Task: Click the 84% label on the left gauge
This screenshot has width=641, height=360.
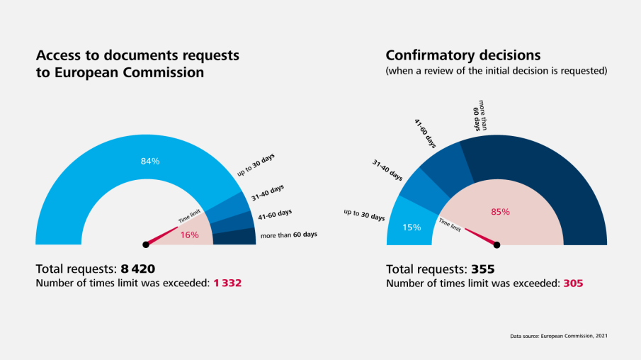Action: point(150,162)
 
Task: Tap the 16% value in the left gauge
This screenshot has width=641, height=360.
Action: point(189,235)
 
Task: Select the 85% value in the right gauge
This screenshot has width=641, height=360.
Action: point(500,211)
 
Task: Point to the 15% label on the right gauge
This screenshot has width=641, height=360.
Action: point(412,227)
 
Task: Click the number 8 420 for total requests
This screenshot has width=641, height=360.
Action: point(138,269)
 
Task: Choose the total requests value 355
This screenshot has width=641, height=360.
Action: point(482,269)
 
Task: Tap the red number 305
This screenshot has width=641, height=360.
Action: point(573,283)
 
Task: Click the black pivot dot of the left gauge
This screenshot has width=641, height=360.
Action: point(146,244)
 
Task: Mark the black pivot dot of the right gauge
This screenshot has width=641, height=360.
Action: point(497,244)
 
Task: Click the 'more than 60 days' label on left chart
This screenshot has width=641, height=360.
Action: point(288,235)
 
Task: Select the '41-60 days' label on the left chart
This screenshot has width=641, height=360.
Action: point(275,213)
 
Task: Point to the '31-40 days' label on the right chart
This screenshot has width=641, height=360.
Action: point(387,170)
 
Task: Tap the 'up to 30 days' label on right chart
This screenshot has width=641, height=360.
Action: point(364,214)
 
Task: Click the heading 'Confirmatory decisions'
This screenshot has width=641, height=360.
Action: point(463,55)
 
